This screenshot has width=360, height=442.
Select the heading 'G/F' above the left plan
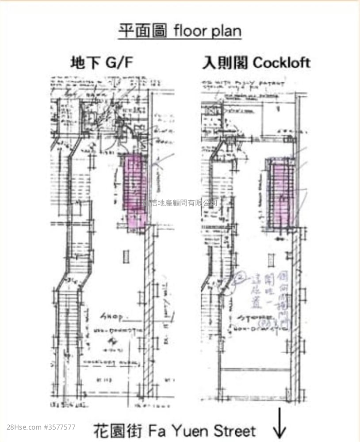tap(119, 63)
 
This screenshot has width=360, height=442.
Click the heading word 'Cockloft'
tap(281, 62)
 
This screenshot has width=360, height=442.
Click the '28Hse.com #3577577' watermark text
tap(41, 427)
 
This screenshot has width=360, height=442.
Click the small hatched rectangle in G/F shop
tap(126, 256)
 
